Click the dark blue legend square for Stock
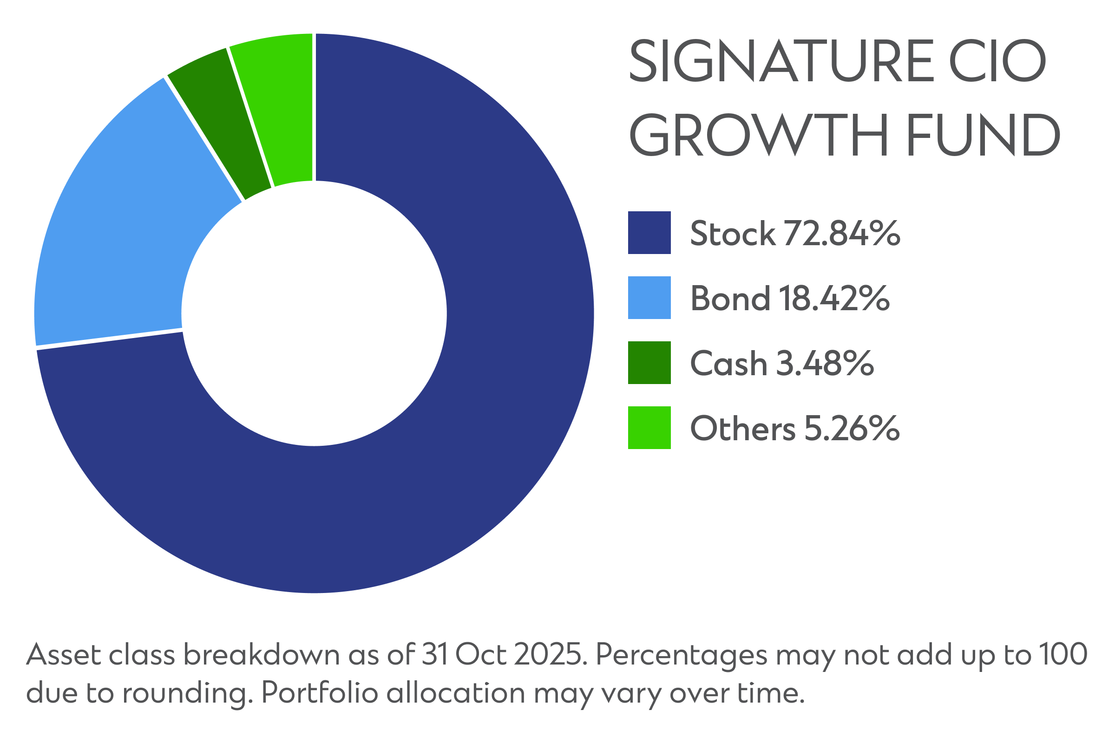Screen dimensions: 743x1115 pyautogui.click(x=649, y=233)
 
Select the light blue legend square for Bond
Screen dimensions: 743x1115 pyautogui.click(x=649, y=298)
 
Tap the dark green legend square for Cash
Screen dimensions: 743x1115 pyautogui.click(x=649, y=363)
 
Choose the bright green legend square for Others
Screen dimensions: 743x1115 pyautogui.click(x=649, y=427)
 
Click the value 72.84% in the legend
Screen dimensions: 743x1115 pyautogui.click(x=842, y=234)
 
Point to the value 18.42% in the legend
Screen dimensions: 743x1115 pyautogui.click(x=834, y=299)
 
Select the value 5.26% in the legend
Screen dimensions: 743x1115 pyautogui.click(x=852, y=428)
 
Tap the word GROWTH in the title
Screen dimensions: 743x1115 pyautogui.click(x=759, y=135)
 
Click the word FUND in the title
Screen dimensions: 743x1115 pyautogui.click(x=981, y=135)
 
